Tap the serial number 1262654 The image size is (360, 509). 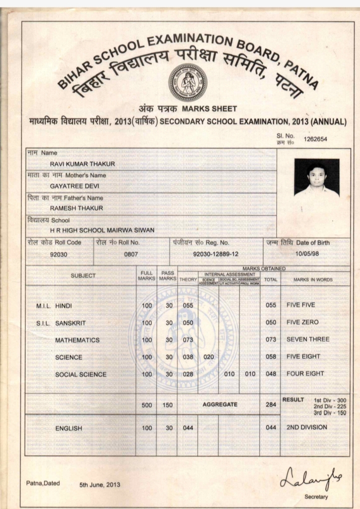pos(315,139)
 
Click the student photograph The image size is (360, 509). pos(316,177)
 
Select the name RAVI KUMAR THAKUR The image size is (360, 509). pos(82,164)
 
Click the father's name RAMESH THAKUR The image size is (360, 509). pos(76,208)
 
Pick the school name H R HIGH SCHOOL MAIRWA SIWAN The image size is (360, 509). pos(102,230)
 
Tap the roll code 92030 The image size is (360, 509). pos(59,254)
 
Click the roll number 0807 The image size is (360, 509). pos(131,254)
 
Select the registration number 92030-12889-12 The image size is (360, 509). pos(216,254)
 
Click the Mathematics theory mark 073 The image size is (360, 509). pos(188,340)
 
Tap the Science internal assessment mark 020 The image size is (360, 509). pos(208,357)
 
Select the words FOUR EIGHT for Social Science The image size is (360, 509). pos(305,374)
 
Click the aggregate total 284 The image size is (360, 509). pos(271,404)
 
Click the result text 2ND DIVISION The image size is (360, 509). pos(306,427)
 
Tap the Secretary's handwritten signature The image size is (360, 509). pos(308,478)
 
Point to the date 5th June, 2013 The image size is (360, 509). pos(100,484)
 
